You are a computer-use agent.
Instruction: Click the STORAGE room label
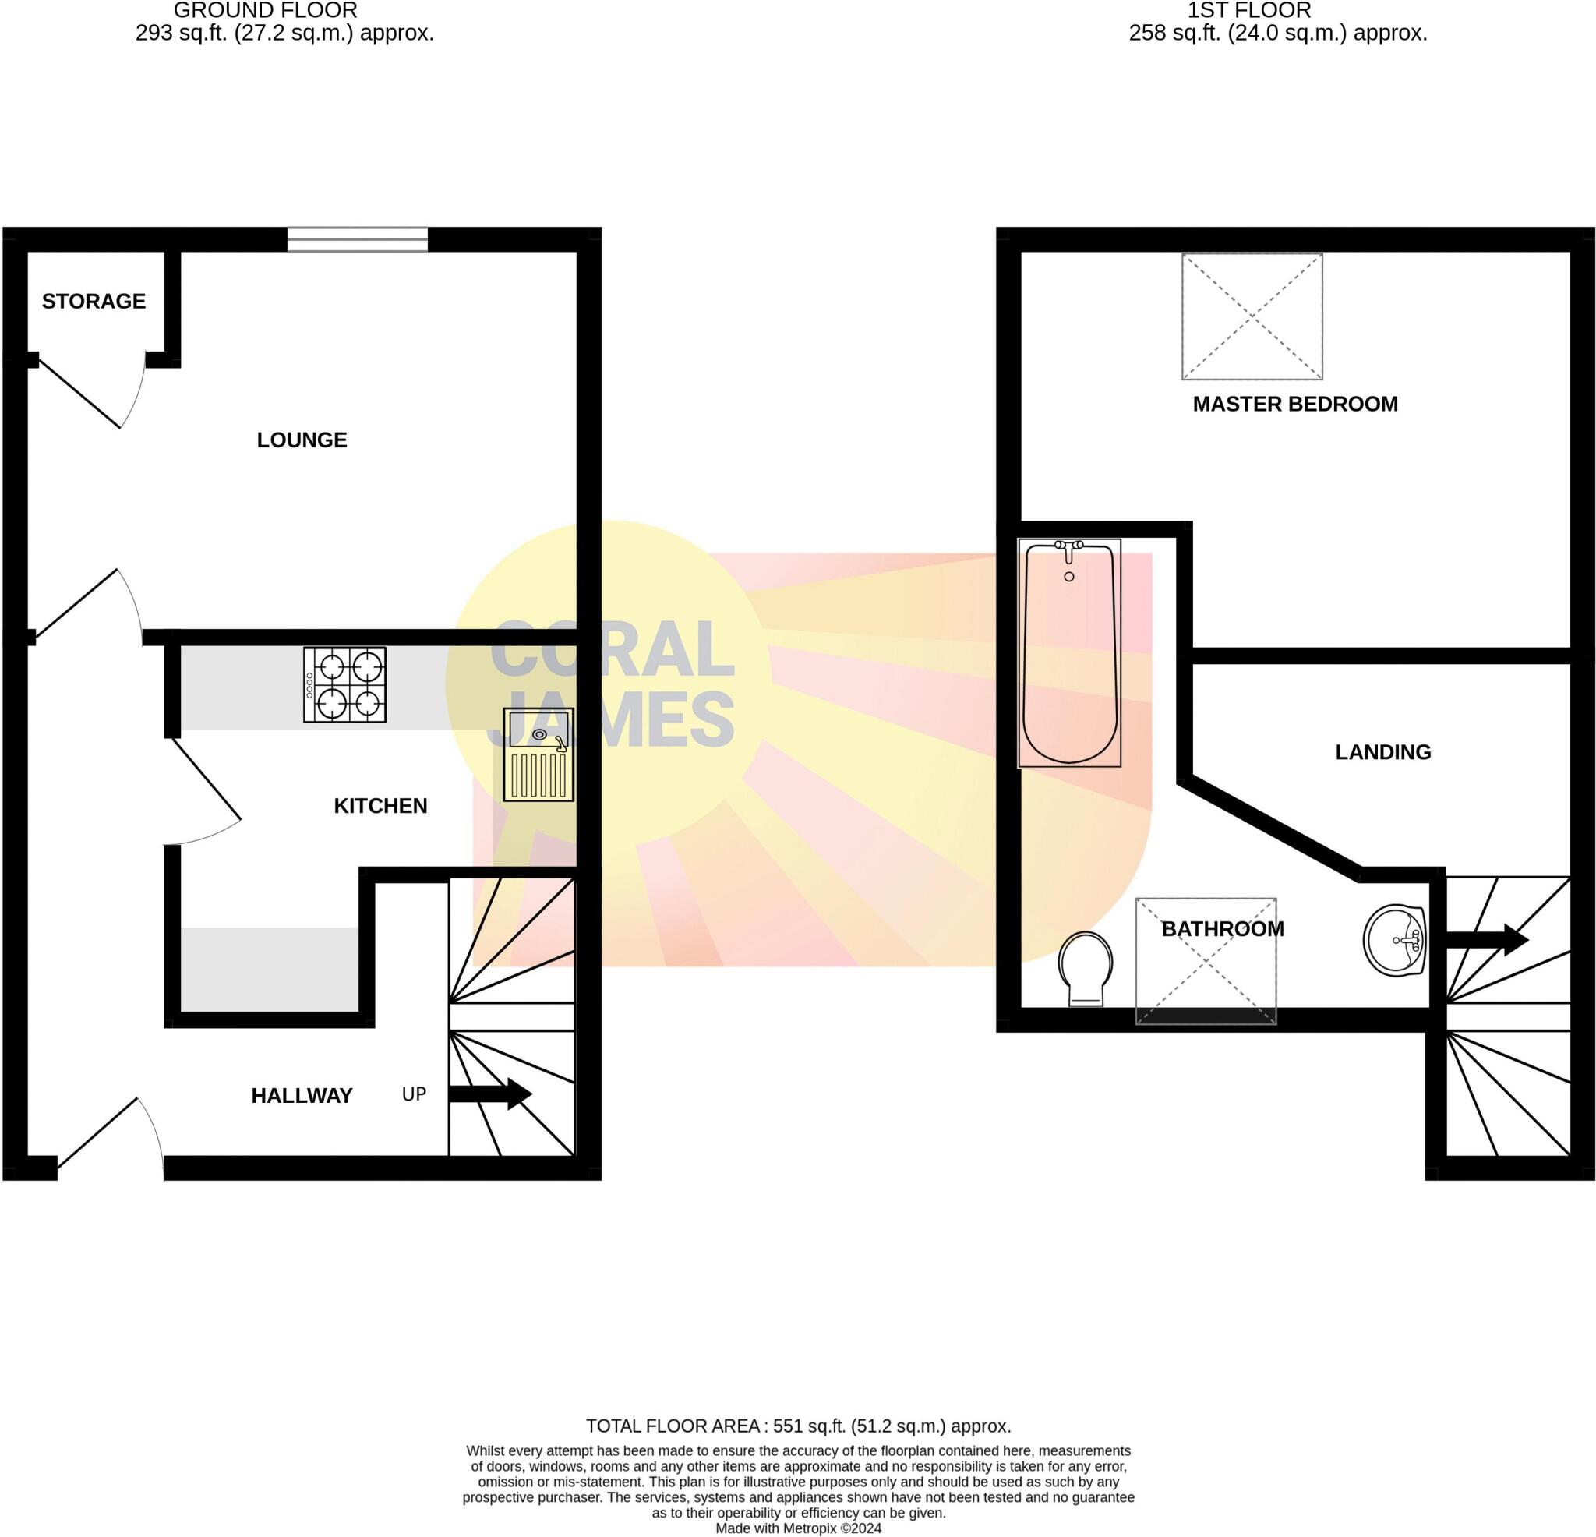94,302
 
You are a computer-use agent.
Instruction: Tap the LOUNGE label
302,440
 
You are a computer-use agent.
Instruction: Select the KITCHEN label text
380,806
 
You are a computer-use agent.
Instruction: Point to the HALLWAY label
302,1096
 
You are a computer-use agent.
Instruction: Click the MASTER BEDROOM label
1294,404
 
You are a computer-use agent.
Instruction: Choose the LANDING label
1382,752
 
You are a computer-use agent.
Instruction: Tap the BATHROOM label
1222,928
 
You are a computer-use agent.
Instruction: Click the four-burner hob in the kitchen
344,684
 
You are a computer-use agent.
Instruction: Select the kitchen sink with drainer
538,754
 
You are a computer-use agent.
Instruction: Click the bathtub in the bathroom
1069,652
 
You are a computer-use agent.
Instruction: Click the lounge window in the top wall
358,239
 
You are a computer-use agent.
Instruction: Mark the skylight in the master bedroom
1252,316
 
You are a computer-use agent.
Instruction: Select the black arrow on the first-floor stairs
1487,939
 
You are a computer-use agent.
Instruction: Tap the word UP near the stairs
414,1094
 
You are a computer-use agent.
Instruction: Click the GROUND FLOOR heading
266,11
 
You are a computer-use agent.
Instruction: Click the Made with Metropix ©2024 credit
798,1528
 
